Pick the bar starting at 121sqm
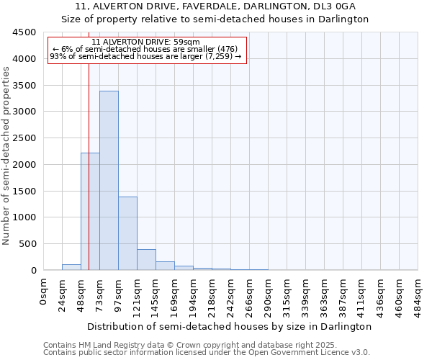pyautogui.click(x=146, y=260)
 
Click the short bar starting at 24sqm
pyautogui.click(x=71, y=267)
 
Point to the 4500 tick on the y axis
pyautogui.click(x=24, y=32)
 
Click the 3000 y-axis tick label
pyautogui.click(x=24, y=112)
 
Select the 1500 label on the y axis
pyautogui.click(x=24, y=191)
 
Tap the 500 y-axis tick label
pyautogui.click(x=27, y=244)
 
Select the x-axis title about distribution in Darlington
pyautogui.click(x=230, y=326)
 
